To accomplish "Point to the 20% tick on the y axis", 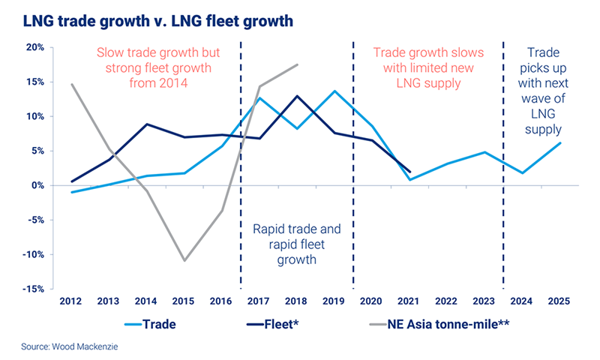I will click(34, 47).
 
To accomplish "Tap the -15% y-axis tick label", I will click(33, 289).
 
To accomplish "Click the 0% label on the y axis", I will click(37, 185).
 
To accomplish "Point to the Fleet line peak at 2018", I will click(297, 96).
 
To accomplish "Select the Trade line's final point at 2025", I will click(559, 143).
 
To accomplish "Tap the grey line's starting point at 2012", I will click(72, 84).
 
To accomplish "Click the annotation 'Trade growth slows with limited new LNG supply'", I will click(427, 68).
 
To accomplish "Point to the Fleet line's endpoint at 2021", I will click(409, 172).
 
